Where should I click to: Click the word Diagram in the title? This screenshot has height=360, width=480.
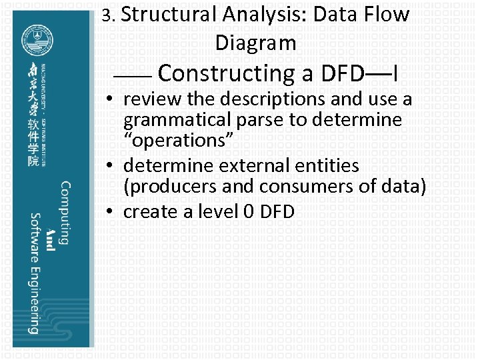[x=255, y=43]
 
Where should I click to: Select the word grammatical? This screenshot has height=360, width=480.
[x=175, y=121]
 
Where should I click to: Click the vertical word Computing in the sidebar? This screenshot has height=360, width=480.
[x=65, y=213]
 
